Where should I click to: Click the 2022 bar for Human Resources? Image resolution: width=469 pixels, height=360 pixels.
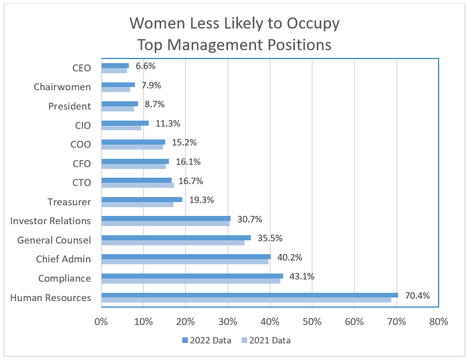point(249,295)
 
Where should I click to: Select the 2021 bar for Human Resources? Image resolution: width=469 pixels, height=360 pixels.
point(246,300)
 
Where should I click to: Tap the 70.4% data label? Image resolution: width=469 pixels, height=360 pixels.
point(417,296)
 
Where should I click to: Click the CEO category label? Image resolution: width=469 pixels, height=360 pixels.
point(81,68)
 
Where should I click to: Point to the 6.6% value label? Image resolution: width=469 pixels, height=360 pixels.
point(145,66)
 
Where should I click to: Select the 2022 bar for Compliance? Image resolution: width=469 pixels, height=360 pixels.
point(192,276)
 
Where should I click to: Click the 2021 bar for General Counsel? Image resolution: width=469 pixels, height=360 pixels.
point(173,242)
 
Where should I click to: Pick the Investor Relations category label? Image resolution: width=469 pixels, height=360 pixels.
point(51,221)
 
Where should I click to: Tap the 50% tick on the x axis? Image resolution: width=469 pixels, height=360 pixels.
point(312,322)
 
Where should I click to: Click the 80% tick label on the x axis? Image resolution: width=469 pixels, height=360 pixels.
point(438,322)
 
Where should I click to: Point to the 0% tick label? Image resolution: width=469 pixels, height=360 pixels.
point(101,322)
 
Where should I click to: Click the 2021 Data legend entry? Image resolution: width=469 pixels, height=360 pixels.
point(266,341)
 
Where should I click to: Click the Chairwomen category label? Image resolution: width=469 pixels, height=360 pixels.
point(62,87)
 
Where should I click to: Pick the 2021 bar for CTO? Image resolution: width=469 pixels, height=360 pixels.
point(137,185)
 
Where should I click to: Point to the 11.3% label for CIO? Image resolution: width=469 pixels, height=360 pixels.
point(168,123)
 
